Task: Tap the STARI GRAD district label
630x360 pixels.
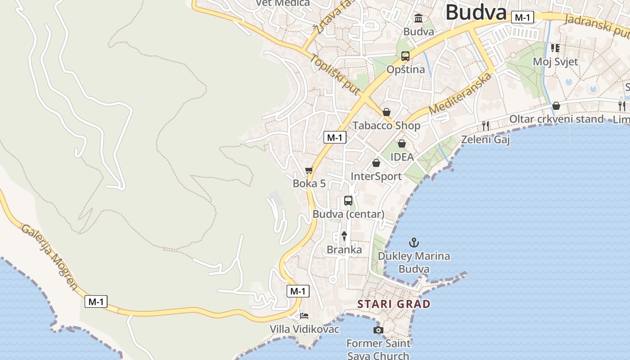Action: coord(394,304)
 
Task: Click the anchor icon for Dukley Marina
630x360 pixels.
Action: coord(414,243)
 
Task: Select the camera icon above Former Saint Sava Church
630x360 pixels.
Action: coord(378,330)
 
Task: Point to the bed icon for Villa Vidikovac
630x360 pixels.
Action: coord(304,316)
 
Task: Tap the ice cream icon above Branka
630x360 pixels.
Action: coord(344,236)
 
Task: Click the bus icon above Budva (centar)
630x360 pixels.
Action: coord(348,201)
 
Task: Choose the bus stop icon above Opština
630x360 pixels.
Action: coord(405,56)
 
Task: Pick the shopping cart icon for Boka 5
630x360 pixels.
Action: coord(309,171)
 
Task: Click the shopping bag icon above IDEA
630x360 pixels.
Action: coord(402,144)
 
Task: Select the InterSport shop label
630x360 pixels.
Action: coord(376,176)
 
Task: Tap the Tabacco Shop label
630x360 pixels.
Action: coord(386,126)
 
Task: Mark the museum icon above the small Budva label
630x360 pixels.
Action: coord(418,18)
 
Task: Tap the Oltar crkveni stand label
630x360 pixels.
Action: coord(556,119)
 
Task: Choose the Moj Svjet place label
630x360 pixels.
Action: coord(555,62)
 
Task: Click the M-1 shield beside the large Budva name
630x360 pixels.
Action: coord(523,18)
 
